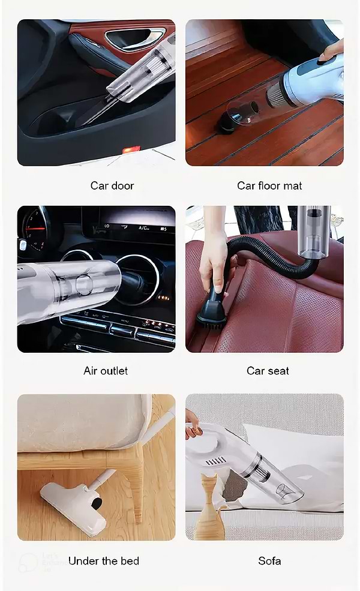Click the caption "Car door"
tap(112, 185)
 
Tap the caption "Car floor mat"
tap(269, 185)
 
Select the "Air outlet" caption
tap(106, 371)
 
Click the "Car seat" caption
tap(268, 371)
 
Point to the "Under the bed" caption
tap(104, 561)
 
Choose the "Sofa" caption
tap(269, 561)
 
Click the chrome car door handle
tap(134, 38)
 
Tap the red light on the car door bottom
tap(131, 150)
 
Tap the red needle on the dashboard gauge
tap(36, 228)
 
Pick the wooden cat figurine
tap(209, 507)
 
